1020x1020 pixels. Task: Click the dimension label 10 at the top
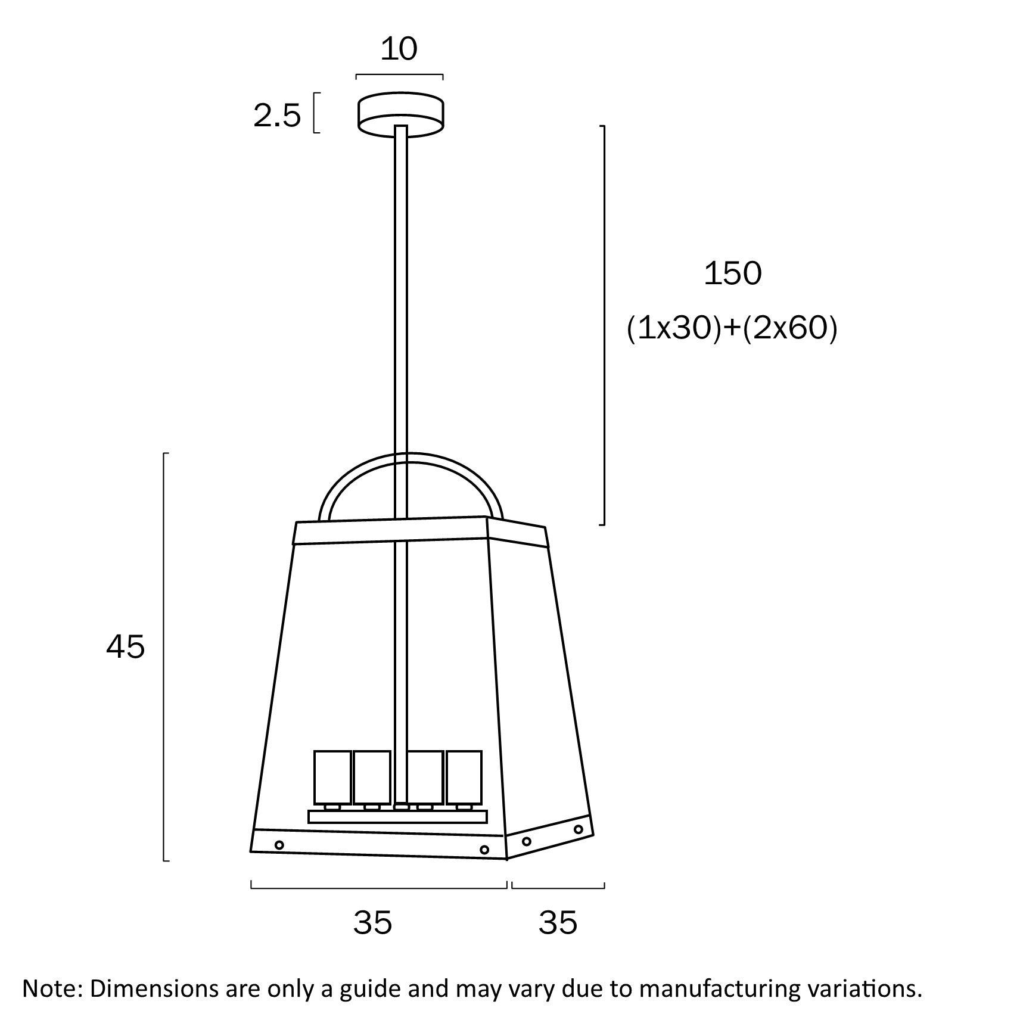click(399, 49)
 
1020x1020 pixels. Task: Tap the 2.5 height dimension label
click(277, 116)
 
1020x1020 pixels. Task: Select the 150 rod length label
click(732, 274)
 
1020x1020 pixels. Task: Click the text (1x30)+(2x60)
click(732, 328)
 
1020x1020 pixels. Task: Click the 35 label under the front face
click(372, 923)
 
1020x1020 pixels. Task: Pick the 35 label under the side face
click(558, 923)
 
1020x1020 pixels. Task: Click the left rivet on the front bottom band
click(279, 844)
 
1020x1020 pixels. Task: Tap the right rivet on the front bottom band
click(484, 849)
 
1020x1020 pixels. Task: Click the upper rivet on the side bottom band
click(577, 829)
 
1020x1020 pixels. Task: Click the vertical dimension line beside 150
click(604, 325)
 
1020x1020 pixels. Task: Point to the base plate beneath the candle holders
click(397, 816)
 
